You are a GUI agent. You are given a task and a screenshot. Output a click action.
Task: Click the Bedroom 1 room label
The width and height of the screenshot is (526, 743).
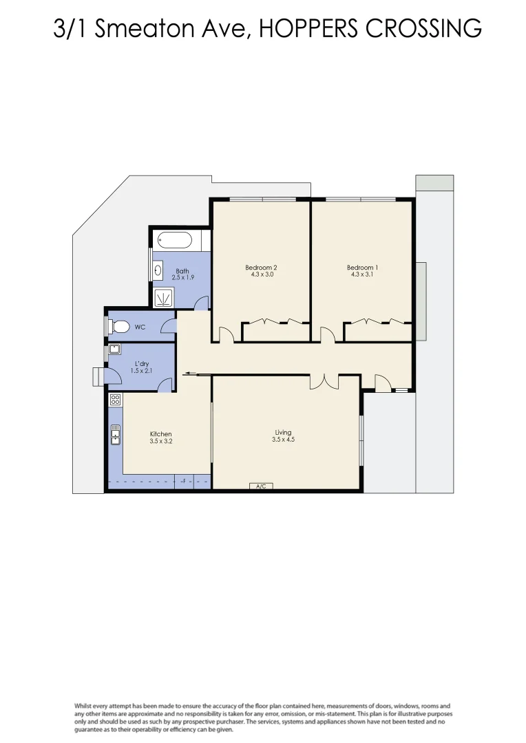(361, 268)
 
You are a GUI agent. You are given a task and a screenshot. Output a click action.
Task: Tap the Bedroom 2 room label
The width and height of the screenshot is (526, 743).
(261, 268)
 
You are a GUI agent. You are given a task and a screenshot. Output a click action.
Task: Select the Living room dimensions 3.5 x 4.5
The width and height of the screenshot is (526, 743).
(283, 440)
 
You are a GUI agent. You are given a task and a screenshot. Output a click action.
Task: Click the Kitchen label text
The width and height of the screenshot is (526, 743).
(160, 434)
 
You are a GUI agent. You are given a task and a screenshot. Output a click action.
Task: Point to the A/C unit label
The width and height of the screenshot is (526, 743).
(260, 487)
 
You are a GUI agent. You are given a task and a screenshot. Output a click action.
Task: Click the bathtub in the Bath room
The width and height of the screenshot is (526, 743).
(174, 241)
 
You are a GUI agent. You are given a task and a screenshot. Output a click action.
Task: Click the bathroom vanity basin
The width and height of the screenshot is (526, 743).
(159, 271)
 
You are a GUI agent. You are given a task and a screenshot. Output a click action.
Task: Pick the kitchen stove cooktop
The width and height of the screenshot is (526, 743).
(115, 399)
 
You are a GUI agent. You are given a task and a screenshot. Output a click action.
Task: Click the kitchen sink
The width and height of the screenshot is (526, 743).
(115, 435)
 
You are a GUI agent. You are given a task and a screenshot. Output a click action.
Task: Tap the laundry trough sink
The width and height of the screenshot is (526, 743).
(115, 349)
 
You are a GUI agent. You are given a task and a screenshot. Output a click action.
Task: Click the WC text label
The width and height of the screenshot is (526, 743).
(140, 327)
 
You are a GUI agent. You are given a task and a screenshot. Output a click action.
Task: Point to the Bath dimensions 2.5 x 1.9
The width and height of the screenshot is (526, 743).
(182, 277)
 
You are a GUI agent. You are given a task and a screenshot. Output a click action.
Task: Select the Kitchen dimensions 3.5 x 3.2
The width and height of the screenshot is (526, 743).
(160, 442)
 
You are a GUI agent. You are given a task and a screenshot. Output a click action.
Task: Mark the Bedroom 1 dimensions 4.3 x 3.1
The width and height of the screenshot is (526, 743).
(361, 275)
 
